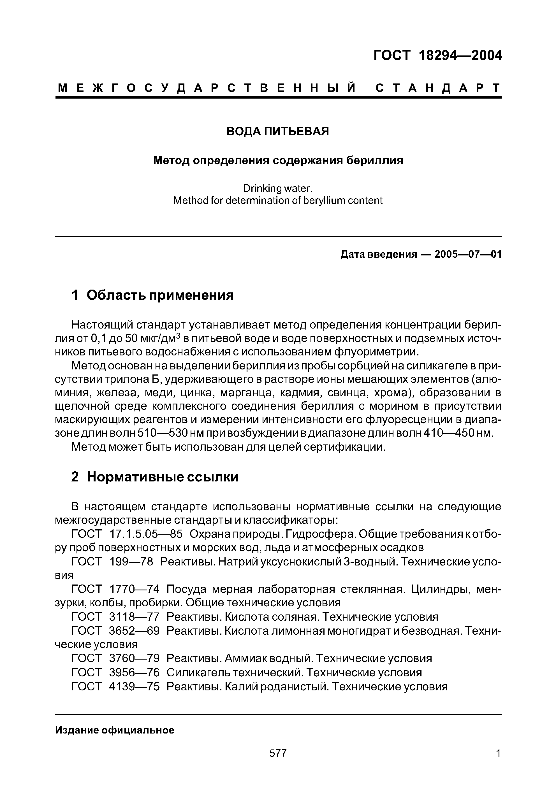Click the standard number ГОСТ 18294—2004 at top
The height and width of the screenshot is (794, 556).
click(437, 56)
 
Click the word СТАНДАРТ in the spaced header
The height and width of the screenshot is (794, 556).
click(438, 89)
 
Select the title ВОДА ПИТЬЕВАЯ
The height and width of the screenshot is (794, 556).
click(277, 131)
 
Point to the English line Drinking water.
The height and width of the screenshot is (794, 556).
click(277, 188)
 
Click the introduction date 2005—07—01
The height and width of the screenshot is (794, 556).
click(467, 255)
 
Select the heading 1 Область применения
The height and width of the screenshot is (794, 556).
click(152, 295)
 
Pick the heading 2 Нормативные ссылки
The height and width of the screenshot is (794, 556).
click(155, 477)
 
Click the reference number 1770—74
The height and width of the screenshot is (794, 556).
click(134, 589)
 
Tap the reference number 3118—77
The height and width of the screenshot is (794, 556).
click(134, 617)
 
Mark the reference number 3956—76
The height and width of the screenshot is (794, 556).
click(134, 673)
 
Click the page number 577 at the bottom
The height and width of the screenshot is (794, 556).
click(278, 753)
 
